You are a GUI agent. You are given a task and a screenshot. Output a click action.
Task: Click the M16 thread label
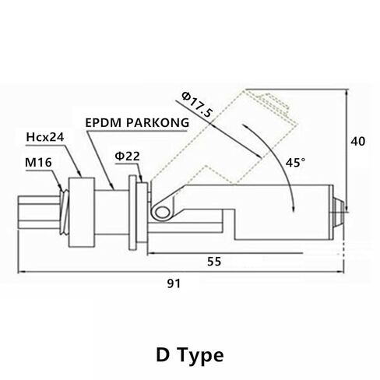tap(38, 163)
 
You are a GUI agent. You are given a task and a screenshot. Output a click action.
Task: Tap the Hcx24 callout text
tap(45, 137)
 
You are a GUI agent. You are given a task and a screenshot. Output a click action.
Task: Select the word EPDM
tap(104, 123)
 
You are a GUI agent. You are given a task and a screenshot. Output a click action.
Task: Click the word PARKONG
tap(158, 123)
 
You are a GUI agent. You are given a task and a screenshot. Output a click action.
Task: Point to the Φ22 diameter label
tap(127, 157)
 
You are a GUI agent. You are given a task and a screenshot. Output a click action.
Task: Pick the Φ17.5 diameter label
tap(197, 105)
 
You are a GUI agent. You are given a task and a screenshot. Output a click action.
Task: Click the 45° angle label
tap(295, 163)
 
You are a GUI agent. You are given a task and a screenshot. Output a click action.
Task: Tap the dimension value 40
tap(358, 142)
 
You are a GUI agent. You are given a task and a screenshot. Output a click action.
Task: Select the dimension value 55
tap(214, 262)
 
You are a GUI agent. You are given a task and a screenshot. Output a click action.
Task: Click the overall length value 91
tap(174, 283)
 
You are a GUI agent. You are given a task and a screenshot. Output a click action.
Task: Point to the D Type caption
tap(190, 355)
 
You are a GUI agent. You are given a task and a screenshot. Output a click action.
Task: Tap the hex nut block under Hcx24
tap(82, 213)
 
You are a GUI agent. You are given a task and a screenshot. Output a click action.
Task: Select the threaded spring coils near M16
tap(65, 213)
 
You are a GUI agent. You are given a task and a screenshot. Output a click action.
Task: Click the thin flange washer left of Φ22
tap(132, 213)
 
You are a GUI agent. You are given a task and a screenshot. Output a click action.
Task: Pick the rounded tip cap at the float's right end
tap(339, 212)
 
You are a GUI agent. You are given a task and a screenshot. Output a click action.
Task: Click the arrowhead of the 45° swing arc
tap(294, 209)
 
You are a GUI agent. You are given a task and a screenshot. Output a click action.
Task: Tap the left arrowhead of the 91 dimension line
tap(22, 272)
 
